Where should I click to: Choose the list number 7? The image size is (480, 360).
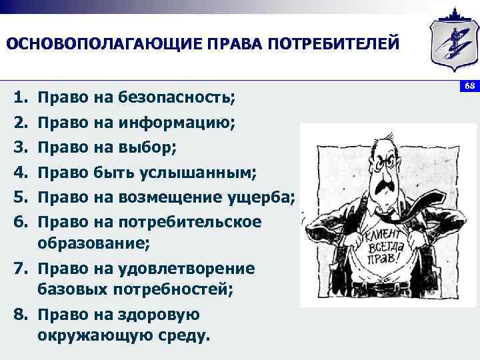20,269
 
